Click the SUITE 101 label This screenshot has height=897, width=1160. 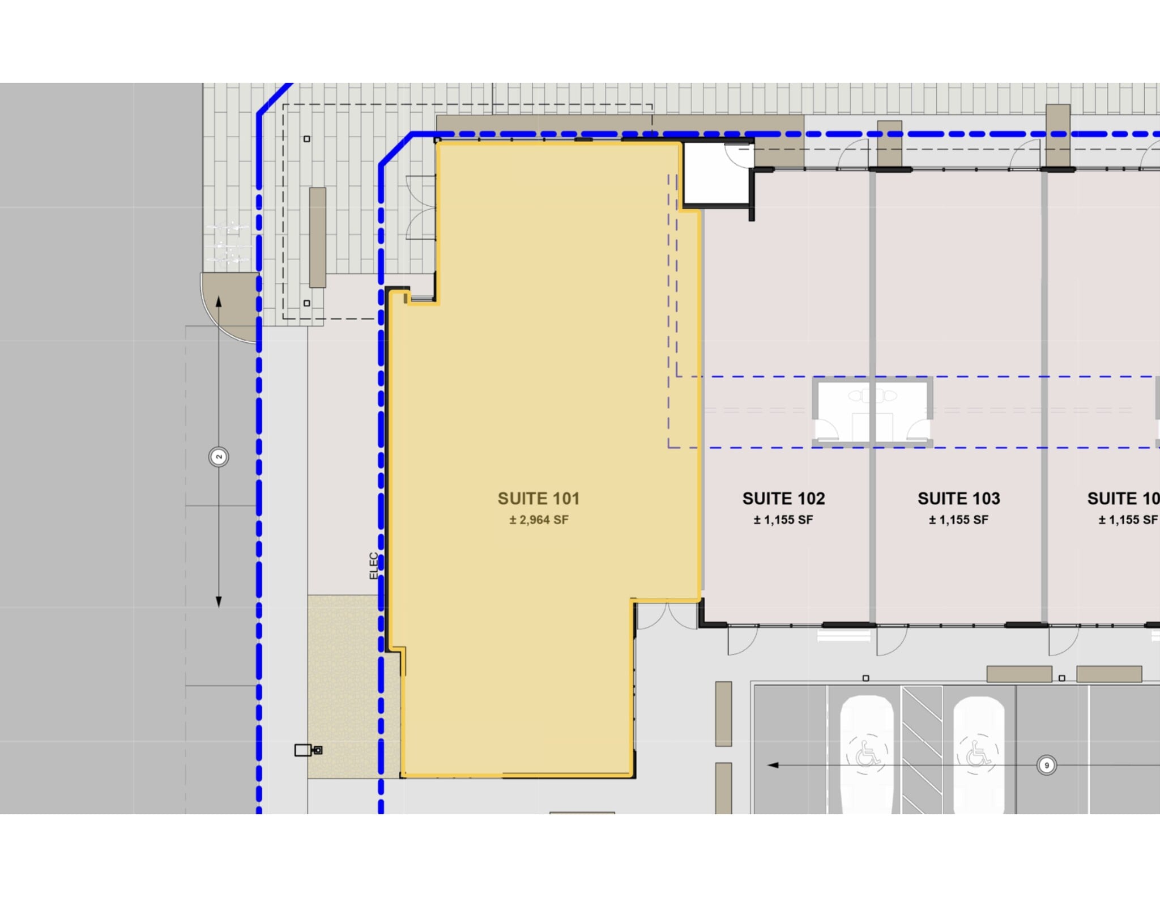538,499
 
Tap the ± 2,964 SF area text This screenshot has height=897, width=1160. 538,520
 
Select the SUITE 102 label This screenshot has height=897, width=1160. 783,499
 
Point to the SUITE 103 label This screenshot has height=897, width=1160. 958,499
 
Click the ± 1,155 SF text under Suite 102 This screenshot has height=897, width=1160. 783,520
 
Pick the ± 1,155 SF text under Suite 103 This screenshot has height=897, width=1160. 958,520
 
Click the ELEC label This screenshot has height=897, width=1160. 374,566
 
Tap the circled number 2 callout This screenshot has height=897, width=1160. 219,457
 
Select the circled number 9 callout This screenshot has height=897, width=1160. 1046,766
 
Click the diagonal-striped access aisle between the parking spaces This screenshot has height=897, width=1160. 922,748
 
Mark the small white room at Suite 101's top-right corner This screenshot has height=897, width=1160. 717,173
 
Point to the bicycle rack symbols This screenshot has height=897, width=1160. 227,244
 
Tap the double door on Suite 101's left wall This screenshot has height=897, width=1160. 422,208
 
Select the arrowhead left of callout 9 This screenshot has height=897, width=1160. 773,766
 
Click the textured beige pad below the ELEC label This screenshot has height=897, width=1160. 343,686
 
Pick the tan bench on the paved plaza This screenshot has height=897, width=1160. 317,237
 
